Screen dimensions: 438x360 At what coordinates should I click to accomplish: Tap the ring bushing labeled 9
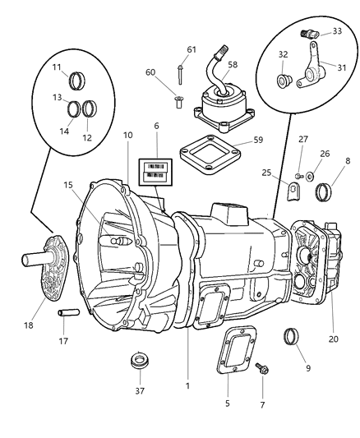tap(291, 337)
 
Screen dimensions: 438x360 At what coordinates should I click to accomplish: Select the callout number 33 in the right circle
tap(338, 32)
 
